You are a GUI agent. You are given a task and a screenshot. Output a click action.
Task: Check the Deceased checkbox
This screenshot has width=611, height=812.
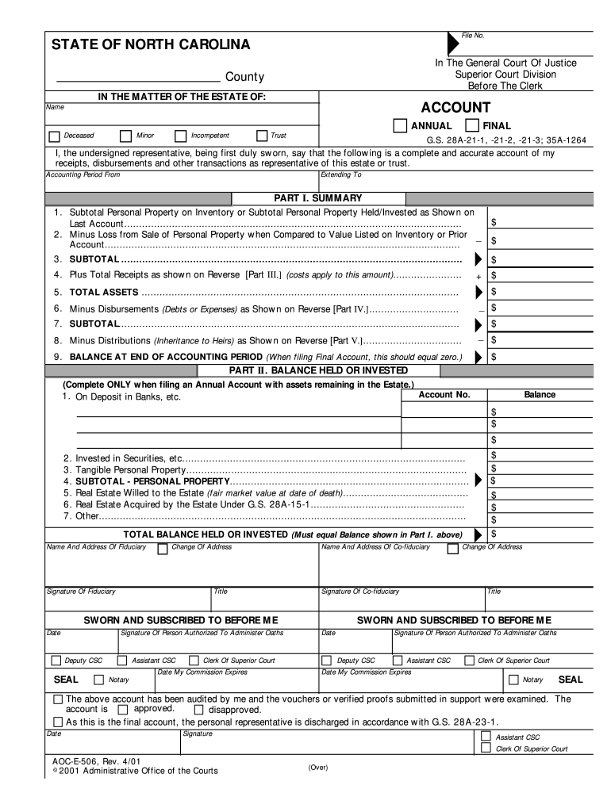(x=54, y=136)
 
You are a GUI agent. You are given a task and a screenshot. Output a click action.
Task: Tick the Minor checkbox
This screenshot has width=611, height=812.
(x=125, y=136)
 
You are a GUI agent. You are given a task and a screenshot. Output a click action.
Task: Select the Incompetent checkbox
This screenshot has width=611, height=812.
(x=181, y=136)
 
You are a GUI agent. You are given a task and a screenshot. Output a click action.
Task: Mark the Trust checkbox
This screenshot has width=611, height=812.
(x=263, y=136)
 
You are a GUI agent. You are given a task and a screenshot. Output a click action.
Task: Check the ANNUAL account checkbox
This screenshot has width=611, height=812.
(x=400, y=125)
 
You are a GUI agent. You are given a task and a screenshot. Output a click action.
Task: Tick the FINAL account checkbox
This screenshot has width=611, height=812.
(x=472, y=125)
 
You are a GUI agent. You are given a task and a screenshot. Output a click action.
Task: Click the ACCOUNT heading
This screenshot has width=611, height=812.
(x=455, y=107)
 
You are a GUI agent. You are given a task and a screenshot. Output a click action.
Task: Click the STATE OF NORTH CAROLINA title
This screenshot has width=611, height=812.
(x=151, y=44)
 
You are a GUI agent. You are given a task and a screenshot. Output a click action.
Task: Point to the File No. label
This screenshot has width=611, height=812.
(x=473, y=36)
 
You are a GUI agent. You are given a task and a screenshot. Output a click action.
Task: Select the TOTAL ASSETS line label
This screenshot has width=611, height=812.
(x=104, y=293)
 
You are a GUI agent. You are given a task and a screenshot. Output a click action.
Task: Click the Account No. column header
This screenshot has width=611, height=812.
(x=444, y=394)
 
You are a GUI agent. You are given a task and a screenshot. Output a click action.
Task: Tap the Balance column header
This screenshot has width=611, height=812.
(x=540, y=394)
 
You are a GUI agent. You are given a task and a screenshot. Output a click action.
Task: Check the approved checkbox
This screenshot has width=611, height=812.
(x=122, y=710)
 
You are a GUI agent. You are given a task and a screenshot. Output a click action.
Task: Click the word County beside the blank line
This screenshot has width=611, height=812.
(x=244, y=77)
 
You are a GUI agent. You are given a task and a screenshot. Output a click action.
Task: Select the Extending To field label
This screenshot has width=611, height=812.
(x=341, y=174)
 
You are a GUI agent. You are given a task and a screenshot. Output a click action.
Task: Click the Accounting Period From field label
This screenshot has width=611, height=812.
(x=83, y=174)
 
